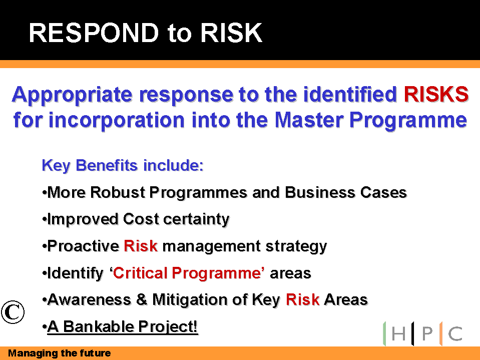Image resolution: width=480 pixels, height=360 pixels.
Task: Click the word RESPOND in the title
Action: click(x=94, y=33)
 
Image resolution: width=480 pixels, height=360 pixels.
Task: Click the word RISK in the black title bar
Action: click(x=231, y=33)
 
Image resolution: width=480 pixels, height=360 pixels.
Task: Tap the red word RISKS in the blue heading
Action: click(x=436, y=94)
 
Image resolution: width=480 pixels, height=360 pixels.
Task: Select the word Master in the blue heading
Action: click(x=309, y=120)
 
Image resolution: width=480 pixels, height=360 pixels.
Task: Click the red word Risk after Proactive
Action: click(x=141, y=246)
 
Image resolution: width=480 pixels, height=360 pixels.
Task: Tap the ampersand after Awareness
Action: click(x=142, y=300)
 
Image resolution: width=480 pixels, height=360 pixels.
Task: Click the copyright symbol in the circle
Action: click(x=13, y=312)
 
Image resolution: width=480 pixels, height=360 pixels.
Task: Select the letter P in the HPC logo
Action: click(x=427, y=333)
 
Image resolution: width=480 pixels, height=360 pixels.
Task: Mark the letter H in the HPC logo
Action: click(x=398, y=333)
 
